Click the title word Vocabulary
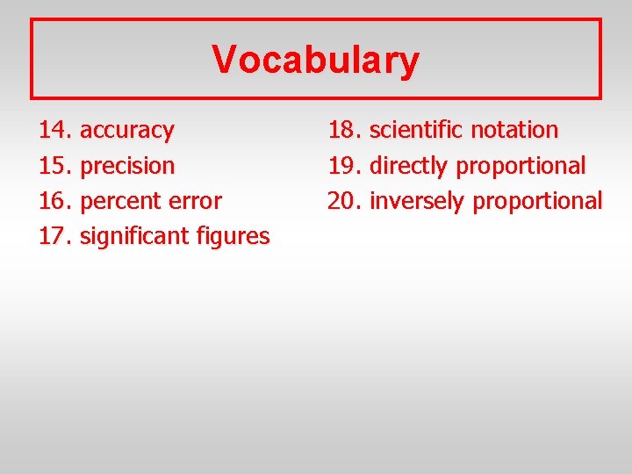coord(316,61)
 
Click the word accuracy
coord(126,131)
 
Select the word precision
coord(126,166)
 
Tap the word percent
coord(120,201)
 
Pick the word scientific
coord(416,130)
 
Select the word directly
coord(410,165)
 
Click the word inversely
coord(417,200)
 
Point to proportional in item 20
coord(537,201)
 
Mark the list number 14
coord(54,131)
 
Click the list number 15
coord(54,166)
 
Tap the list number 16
coord(54,201)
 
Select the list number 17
coord(54,236)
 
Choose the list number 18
coord(342,130)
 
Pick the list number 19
coord(342,165)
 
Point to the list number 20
coord(342,200)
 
